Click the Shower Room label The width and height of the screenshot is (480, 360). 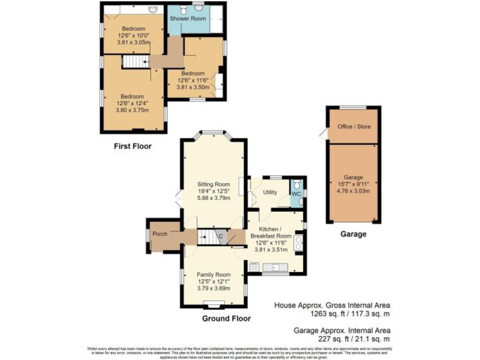188,19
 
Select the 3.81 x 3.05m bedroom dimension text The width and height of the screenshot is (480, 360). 133,42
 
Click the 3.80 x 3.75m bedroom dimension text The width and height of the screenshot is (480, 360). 132,110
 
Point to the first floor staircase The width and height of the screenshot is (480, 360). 132,62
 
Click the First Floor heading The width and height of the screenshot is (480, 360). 132,146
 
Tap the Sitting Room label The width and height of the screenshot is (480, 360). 214,184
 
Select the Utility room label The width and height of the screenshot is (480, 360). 270,192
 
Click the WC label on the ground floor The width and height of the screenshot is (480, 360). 297,194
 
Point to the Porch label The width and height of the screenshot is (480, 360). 160,234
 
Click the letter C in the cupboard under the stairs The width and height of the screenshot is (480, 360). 220,236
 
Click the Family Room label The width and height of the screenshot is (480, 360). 214,274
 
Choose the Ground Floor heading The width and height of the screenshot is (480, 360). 226,318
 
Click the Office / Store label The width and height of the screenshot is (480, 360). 354,127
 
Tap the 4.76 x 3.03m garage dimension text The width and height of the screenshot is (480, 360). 354,192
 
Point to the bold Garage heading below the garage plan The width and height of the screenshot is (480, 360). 353,234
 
